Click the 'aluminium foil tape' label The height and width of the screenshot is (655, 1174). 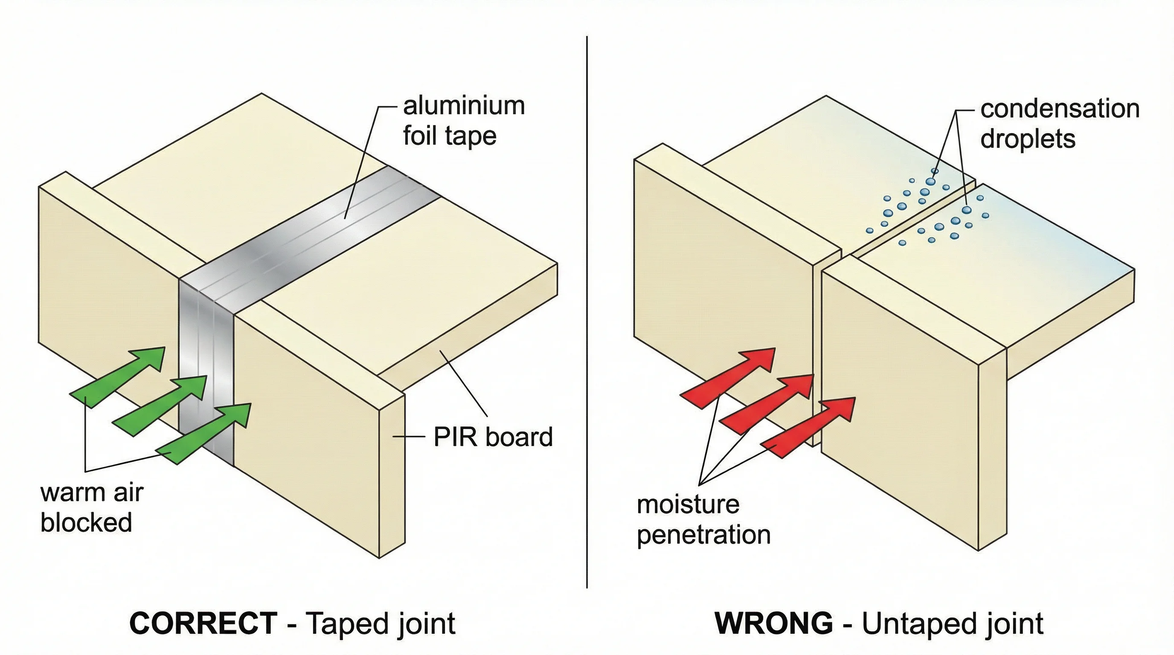click(x=463, y=121)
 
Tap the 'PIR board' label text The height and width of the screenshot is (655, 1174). click(x=493, y=437)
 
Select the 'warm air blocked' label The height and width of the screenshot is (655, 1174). click(x=91, y=507)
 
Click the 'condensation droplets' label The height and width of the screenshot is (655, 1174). click(x=1059, y=124)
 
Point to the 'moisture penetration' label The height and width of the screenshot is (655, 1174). click(x=703, y=520)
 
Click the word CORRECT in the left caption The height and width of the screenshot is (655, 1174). click(x=203, y=623)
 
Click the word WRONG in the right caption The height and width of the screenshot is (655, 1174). click(x=773, y=623)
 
